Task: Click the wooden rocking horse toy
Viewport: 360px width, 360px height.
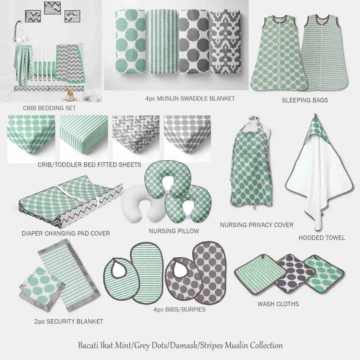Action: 68,94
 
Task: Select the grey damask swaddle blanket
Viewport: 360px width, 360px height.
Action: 225,42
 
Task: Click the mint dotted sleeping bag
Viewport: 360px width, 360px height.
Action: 279,53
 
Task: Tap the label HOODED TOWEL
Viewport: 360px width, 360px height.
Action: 322,238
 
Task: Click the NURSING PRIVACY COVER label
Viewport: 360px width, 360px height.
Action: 257,225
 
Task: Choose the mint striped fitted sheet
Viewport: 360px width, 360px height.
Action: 84,138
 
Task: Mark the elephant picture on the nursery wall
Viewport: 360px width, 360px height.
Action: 33,16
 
